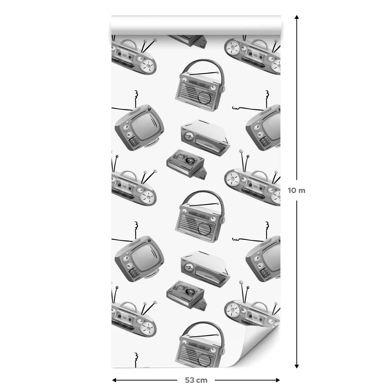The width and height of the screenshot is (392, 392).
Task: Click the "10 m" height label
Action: click(297, 191)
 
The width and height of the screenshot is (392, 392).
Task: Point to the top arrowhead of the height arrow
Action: click(297, 17)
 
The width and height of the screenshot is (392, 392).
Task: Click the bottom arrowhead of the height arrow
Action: click(297, 366)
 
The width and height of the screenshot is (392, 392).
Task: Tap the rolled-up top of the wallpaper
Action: click(196, 25)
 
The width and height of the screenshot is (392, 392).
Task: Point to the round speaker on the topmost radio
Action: click(204, 99)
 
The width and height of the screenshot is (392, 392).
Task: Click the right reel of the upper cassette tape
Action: click(189, 159)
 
